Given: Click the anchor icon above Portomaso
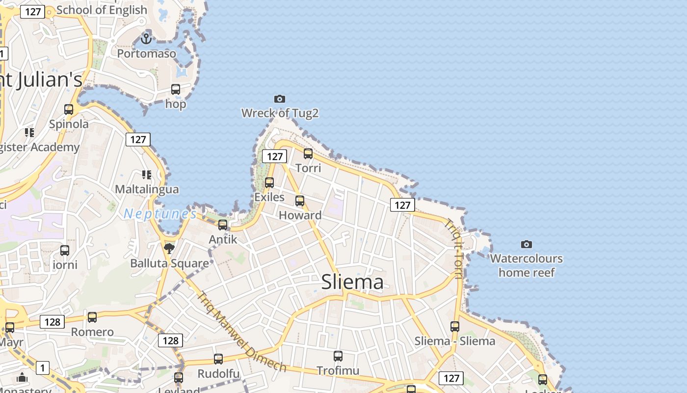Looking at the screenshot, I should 146,38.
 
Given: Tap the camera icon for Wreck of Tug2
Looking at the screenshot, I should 280,99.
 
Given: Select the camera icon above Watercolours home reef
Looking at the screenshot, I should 527,244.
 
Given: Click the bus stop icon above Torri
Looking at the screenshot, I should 308,154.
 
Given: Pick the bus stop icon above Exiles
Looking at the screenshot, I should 269,183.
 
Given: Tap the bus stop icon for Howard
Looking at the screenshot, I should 300,201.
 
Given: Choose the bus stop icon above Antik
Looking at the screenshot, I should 223,225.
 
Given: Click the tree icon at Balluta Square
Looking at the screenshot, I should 169,249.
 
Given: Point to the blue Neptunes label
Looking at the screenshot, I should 160,214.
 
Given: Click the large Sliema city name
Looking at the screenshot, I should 352,282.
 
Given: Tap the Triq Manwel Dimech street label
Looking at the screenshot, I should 241,332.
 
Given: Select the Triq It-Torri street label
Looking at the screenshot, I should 453,249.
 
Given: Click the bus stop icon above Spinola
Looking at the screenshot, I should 69,110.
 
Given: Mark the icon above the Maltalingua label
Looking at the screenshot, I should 146,175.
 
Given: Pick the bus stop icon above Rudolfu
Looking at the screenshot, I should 218,359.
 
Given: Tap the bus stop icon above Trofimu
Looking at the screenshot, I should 338,356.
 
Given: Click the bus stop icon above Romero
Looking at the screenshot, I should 92,317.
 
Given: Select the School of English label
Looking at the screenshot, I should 102,10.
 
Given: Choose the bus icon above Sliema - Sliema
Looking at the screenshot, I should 455,327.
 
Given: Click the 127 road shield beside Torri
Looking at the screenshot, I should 274,156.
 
